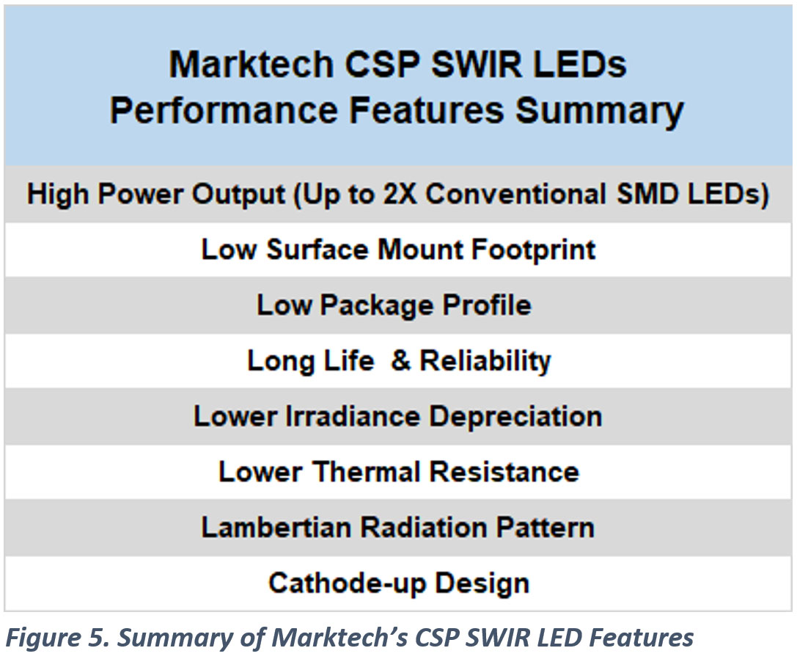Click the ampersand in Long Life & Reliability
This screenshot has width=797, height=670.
pyautogui.click(x=400, y=361)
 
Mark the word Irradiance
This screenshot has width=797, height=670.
pyautogui.click(x=351, y=416)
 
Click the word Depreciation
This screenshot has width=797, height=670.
pyautogui.click(x=515, y=416)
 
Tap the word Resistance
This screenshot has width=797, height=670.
pyautogui.click(x=504, y=472)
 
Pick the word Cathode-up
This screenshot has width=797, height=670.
pyautogui.click(x=348, y=583)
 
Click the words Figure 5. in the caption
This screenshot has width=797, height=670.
pyautogui.click(x=56, y=638)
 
